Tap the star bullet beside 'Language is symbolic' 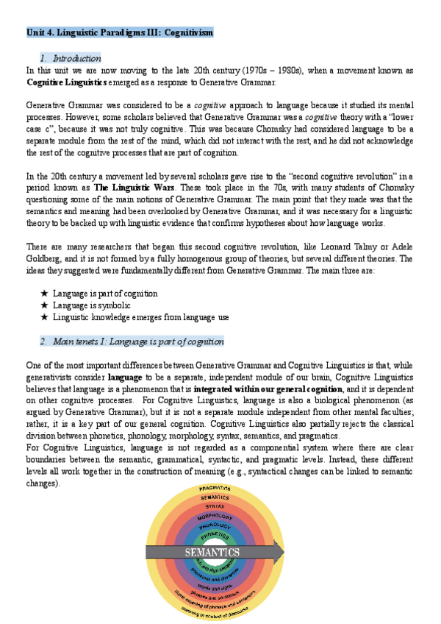click(x=45, y=305)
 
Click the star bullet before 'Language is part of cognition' click(x=45, y=294)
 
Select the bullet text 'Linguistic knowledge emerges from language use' click(x=140, y=317)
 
